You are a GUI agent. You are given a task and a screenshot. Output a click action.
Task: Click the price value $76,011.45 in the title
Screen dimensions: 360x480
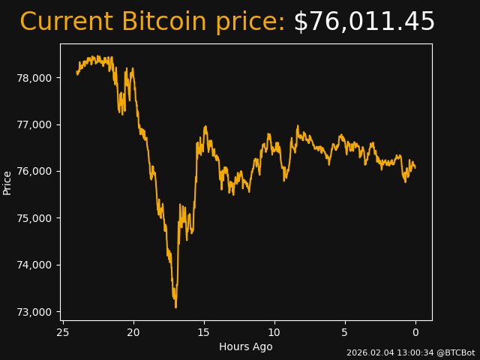(x=364, y=22)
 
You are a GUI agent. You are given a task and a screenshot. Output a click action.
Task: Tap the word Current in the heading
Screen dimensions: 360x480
(x=67, y=22)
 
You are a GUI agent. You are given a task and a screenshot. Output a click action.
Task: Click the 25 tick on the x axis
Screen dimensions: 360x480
(x=63, y=332)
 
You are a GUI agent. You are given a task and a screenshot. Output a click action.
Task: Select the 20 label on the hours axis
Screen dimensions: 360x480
(x=133, y=332)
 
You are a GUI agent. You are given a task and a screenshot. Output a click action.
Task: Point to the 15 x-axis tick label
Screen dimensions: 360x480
(x=204, y=332)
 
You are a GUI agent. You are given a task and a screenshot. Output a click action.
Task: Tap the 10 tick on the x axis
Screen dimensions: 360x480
(x=274, y=332)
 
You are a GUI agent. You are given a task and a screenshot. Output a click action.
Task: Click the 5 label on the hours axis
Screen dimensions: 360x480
(x=345, y=332)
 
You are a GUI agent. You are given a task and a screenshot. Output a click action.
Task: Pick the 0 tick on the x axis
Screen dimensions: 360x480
(x=415, y=332)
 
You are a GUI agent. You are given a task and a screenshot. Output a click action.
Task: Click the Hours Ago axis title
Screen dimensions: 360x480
(x=246, y=346)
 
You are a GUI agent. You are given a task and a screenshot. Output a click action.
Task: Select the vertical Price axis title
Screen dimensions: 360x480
(x=7, y=182)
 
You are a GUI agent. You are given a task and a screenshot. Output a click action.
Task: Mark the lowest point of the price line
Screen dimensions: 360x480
(x=175, y=307)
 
